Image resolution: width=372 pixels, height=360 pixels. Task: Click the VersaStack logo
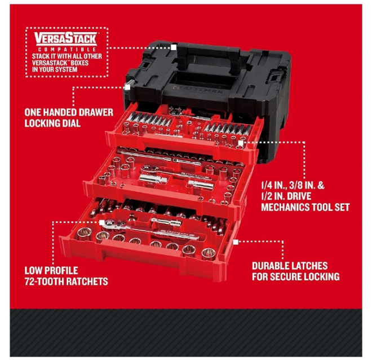pos(66,38)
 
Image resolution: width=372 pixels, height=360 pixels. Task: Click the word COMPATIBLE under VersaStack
pos(67,50)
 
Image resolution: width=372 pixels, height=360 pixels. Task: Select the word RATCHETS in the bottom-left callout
pos(87,282)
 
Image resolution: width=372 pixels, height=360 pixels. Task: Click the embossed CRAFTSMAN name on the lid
pos(197,90)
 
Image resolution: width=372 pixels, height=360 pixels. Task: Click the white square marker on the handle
pos(174,47)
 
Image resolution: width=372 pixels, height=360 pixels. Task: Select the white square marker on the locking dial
pos(127,87)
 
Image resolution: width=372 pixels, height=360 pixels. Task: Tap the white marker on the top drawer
pos(241,143)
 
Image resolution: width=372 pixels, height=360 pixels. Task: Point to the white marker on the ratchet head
pos(101,222)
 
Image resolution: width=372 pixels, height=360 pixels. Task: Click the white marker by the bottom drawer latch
pos(236,242)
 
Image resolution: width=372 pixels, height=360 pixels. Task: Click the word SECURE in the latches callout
pos(286,276)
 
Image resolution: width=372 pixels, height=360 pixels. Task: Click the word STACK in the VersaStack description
pos(41,56)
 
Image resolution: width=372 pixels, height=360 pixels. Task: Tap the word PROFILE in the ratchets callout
pos(61,270)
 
